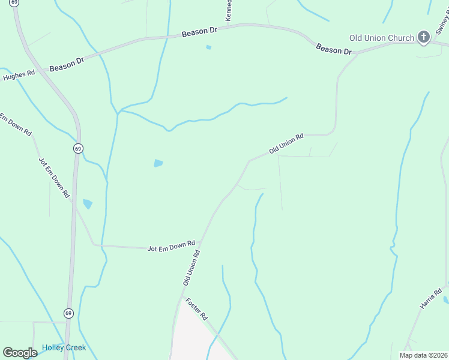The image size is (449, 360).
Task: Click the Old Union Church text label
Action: pos(382,38)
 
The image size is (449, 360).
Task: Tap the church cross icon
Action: pos(424,37)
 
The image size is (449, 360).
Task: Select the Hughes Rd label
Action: pos(19,74)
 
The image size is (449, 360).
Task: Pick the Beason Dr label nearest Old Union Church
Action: pos(333,49)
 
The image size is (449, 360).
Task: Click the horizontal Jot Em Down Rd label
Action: pos(171,245)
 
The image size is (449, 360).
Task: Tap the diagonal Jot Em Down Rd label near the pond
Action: pos(54,178)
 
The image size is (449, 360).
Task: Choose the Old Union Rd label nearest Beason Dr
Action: pos(286,144)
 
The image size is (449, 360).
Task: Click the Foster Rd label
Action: pos(196,308)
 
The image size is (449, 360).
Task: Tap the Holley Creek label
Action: pos(64,347)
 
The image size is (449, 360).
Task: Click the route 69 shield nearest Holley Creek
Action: pos(68,313)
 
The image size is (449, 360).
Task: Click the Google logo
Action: pos(20,353)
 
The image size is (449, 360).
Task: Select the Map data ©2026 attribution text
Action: pos(423,355)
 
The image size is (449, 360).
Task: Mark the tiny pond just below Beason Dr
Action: pos(208,47)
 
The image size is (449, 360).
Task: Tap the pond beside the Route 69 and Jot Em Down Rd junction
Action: pos(88,204)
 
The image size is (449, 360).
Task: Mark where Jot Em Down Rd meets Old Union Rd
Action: pos(201,242)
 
